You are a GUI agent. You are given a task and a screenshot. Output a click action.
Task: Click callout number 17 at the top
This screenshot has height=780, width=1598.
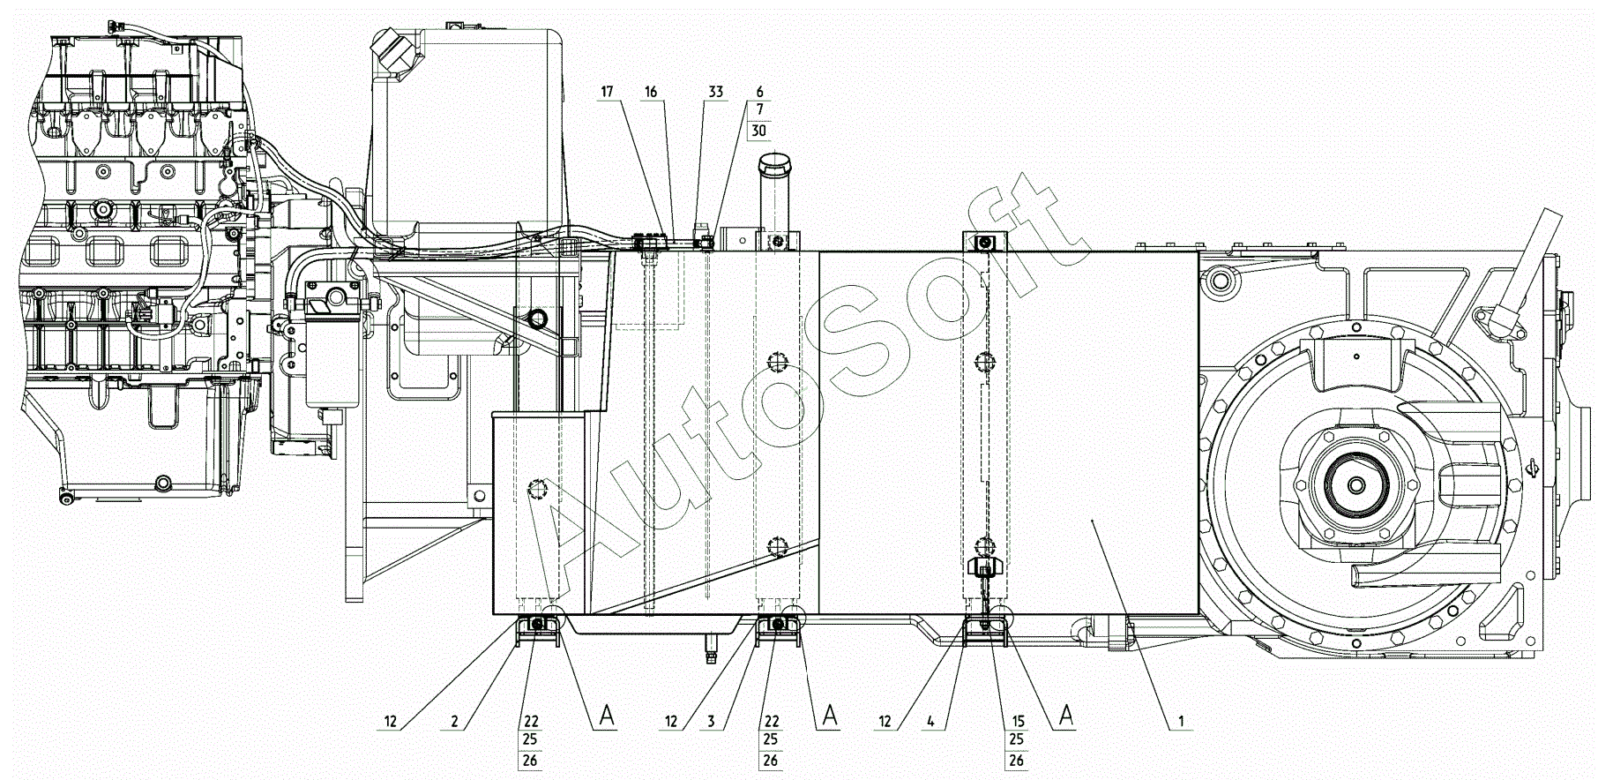coord(607,92)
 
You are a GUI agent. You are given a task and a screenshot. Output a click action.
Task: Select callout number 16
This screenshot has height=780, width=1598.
coord(651,92)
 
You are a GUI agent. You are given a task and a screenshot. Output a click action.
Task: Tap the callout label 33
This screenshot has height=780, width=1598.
coord(715,92)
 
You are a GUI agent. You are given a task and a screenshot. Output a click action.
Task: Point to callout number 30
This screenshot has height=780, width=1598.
coord(758,131)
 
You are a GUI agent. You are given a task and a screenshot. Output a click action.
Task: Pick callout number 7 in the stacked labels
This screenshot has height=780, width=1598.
coord(759,111)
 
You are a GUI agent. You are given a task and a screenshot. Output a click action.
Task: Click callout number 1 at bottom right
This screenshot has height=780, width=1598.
coord(1181,722)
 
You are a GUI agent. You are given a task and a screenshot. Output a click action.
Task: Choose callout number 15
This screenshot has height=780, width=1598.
coord(1018,722)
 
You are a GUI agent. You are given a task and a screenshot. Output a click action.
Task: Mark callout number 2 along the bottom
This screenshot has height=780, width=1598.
coord(454,722)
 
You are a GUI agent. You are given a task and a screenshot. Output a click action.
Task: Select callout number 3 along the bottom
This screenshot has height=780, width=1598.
coord(711,722)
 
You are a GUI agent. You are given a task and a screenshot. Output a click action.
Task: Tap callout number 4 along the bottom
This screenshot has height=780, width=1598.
coord(930,722)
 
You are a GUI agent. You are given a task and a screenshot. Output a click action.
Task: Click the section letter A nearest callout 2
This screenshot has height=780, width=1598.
coord(607,716)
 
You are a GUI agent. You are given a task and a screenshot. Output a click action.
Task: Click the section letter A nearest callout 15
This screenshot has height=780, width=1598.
coord(1066,716)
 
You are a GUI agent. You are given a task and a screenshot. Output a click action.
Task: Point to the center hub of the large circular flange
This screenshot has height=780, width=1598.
coord(1355,485)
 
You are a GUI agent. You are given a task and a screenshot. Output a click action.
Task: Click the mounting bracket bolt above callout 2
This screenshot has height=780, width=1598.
coord(534,626)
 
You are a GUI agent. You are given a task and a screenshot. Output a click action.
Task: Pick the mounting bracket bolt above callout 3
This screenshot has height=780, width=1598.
coord(778,626)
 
